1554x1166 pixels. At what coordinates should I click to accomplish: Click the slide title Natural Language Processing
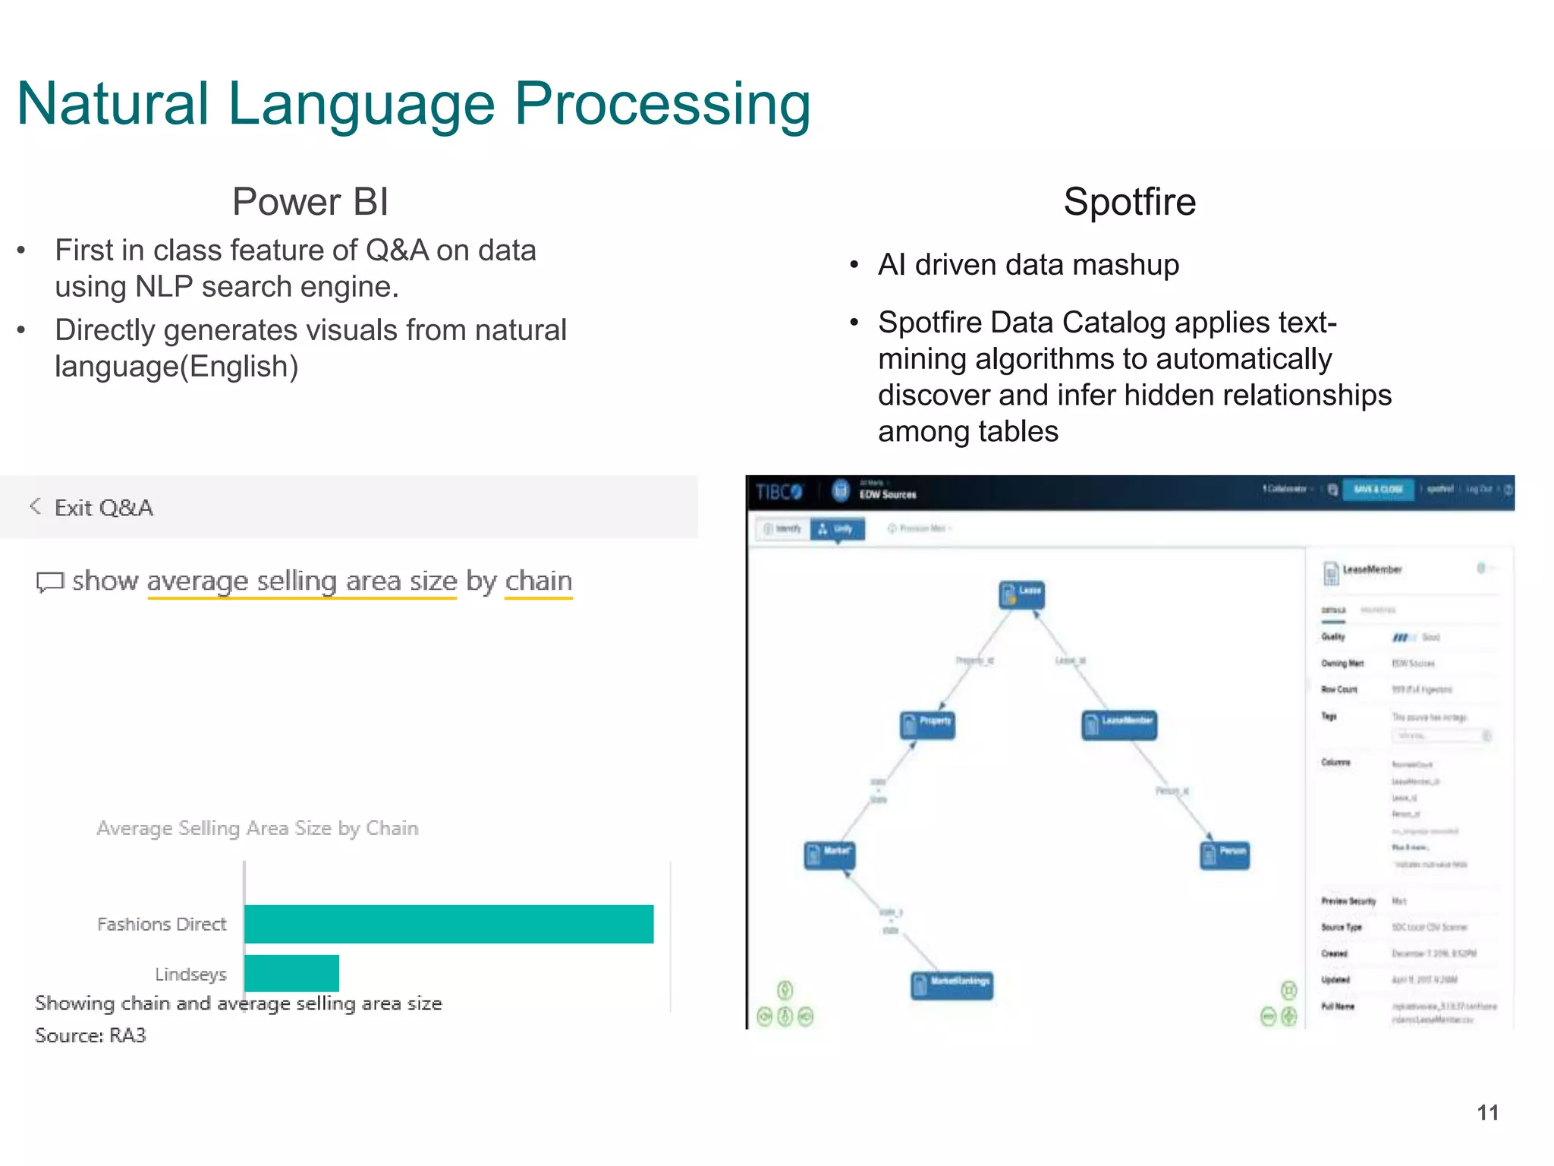pyautogui.click(x=414, y=104)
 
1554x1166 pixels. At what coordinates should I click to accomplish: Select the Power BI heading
pyautogui.click(x=310, y=202)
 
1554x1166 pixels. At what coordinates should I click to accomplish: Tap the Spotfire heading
pyautogui.click(x=1129, y=202)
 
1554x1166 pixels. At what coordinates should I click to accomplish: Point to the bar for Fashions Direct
pyautogui.click(x=448, y=924)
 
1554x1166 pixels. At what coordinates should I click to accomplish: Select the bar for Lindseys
pyautogui.click(x=291, y=972)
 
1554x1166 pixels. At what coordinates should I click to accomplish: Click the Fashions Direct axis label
pyautogui.click(x=162, y=924)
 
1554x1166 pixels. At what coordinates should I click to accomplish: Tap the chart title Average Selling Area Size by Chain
pyautogui.click(x=257, y=827)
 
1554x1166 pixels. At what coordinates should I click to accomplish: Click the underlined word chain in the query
pyautogui.click(x=538, y=581)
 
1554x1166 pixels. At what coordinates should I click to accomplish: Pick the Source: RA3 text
pyautogui.click(x=90, y=1035)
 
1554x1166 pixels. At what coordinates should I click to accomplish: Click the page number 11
pyautogui.click(x=1487, y=1113)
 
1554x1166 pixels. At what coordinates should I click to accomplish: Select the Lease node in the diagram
pyautogui.click(x=1021, y=594)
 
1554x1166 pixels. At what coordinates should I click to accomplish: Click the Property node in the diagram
pyautogui.click(x=927, y=723)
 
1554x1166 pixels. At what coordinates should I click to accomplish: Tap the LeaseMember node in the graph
pyautogui.click(x=1118, y=723)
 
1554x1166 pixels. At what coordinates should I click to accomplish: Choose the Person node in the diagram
pyautogui.click(x=1224, y=854)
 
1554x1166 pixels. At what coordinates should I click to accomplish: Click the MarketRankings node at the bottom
pyautogui.click(x=952, y=985)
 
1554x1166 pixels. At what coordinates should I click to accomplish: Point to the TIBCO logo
pyautogui.click(x=779, y=492)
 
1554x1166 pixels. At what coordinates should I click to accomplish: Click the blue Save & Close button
pyautogui.click(x=1378, y=490)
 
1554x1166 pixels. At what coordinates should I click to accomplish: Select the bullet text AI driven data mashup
pyautogui.click(x=1028, y=265)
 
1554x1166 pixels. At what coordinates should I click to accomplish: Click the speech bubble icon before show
pyautogui.click(x=50, y=582)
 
